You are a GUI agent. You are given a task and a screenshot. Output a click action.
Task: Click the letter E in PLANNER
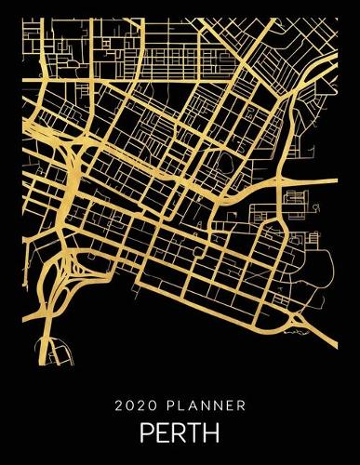(224, 405)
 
